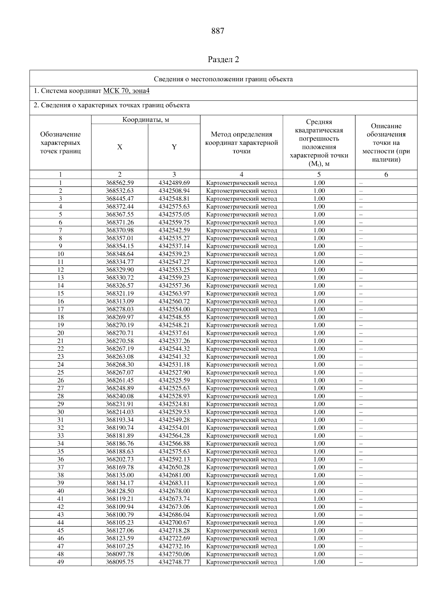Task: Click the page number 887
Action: click(x=218, y=31)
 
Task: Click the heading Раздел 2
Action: click(x=224, y=60)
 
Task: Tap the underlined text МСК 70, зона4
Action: click(x=126, y=91)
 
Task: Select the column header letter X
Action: click(x=120, y=147)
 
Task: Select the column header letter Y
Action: click(x=174, y=147)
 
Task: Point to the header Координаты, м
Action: click(x=145, y=120)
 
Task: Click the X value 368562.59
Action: click(x=120, y=183)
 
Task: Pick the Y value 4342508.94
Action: click(x=174, y=191)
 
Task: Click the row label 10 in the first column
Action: click(x=60, y=254)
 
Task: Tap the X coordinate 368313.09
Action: click(x=120, y=301)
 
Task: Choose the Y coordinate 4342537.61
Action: click(x=174, y=333)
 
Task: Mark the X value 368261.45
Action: click(x=120, y=380)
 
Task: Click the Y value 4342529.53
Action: click(x=174, y=412)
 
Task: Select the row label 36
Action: click(x=60, y=459)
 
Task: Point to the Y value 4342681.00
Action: click(x=174, y=475)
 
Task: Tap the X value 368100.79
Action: click(x=120, y=515)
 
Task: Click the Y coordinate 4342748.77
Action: click(x=174, y=562)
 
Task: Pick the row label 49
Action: click(x=60, y=562)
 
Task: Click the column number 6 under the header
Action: click(x=386, y=175)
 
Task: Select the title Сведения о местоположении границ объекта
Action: click(x=223, y=79)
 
